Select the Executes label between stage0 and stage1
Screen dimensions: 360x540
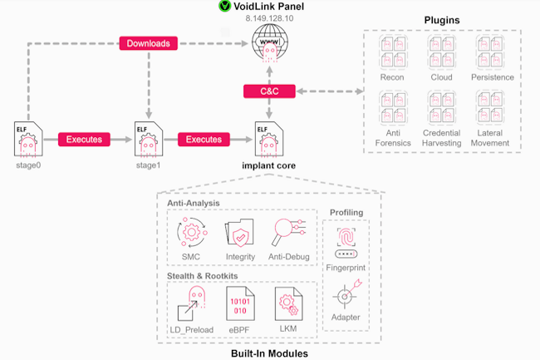point(84,140)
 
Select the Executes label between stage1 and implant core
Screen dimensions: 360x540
point(204,140)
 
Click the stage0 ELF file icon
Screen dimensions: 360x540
point(27,138)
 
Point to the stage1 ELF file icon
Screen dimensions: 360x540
point(146,138)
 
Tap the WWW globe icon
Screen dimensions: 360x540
point(268,42)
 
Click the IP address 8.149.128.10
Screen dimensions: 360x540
point(268,17)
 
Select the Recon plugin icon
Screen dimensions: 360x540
point(390,53)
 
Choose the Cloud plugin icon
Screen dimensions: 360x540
point(441,53)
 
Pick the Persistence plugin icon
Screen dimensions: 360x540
point(490,53)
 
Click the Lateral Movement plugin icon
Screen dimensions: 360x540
point(490,108)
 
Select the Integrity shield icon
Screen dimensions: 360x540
point(240,233)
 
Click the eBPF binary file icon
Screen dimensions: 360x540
point(240,305)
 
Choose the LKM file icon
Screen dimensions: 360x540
point(288,305)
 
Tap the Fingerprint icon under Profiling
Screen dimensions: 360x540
point(345,241)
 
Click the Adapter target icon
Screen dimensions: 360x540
point(345,295)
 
